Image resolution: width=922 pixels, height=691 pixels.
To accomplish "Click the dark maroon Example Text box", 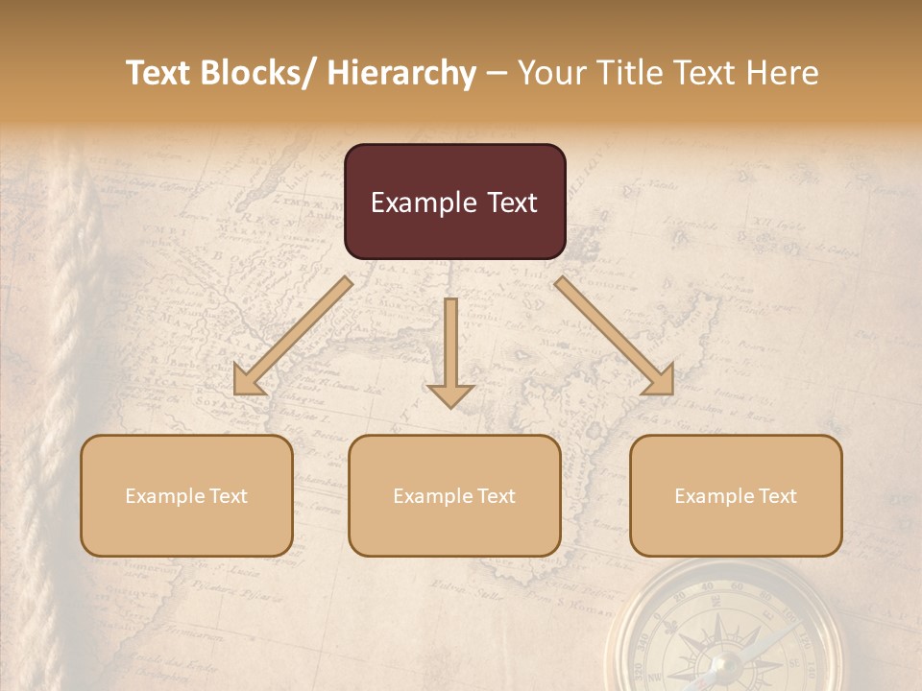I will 454,202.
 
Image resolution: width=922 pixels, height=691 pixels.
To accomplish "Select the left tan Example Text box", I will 186,495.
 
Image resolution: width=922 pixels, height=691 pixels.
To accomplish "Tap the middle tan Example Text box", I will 454,495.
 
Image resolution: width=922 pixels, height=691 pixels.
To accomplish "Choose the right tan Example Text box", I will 736,495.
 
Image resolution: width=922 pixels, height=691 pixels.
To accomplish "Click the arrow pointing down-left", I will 293,336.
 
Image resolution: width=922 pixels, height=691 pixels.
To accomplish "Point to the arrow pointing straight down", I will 450,351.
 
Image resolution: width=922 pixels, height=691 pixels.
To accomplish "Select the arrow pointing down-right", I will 615,336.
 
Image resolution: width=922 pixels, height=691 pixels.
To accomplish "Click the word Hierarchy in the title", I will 401,73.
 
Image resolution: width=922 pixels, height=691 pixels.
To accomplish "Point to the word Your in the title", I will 550,73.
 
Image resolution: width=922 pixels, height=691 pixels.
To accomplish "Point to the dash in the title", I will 497,73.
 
